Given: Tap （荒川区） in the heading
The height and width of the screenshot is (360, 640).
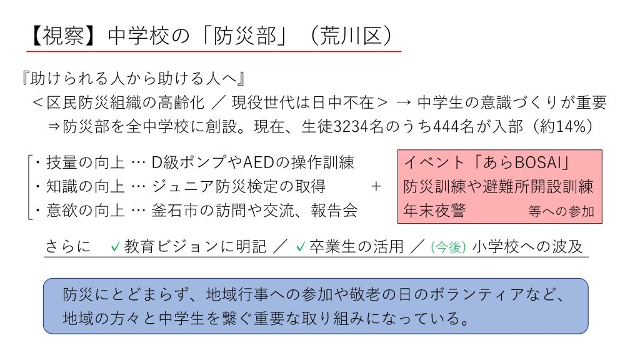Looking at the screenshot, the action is click(x=351, y=36).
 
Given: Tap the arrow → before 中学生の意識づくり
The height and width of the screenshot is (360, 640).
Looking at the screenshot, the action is click(x=403, y=102).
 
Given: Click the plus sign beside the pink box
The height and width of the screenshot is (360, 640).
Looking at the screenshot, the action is click(x=376, y=186).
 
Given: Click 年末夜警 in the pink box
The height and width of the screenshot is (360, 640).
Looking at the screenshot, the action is click(x=434, y=211).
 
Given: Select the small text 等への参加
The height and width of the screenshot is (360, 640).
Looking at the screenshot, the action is click(x=561, y=211).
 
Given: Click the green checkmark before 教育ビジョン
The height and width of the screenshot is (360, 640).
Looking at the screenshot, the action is click(x=116, y=246).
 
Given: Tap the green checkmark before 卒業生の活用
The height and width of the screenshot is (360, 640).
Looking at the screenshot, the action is click(x=301, y=246).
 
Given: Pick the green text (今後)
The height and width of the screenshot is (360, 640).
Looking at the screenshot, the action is click(x=448, y=247).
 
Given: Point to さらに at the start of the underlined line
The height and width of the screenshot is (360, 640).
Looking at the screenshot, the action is click(x=67, y=246).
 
